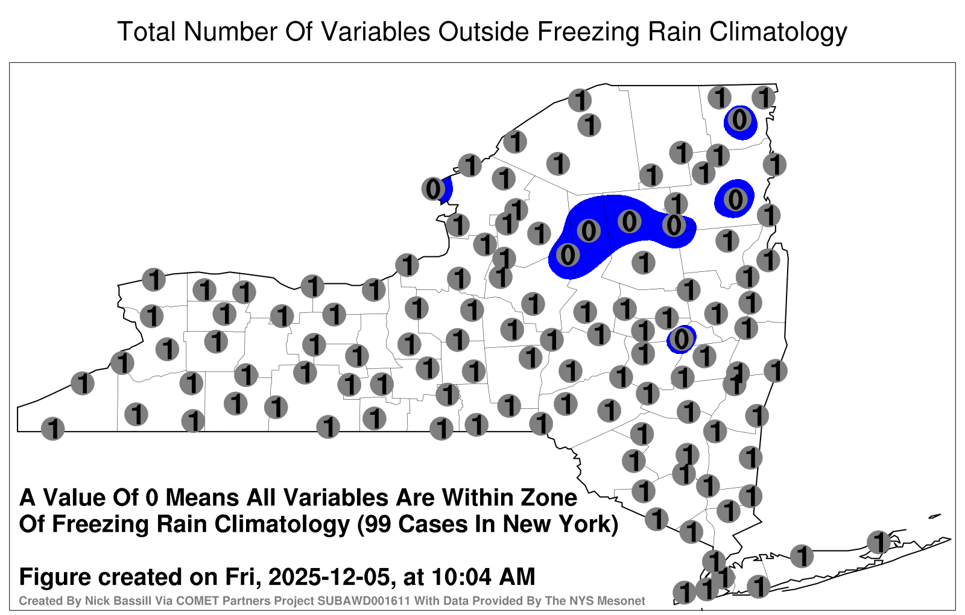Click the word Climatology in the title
click(x=778, y=32)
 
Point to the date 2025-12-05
click(x=329, y=576)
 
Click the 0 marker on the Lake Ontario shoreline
click(x=434, y=189)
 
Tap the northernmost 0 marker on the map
click(x=739, y=120)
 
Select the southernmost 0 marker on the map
click(x=681, y=339)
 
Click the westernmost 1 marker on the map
click(x=53, y=429)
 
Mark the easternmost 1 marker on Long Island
click(x=878, y=542)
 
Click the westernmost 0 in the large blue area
click(x=568, y=254)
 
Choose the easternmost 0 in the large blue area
click(x=674, y=225)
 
